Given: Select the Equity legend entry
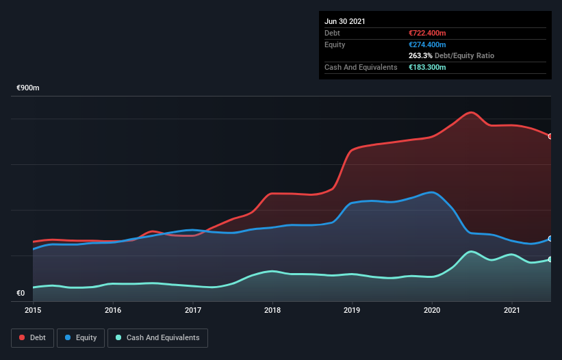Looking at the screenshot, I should pos(81,337).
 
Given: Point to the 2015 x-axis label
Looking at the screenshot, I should pos(33,311).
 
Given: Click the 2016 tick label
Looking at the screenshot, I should pos(113,311).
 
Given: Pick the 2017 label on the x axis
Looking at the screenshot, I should pos(193,311).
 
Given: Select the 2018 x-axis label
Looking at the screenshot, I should pos(272,311).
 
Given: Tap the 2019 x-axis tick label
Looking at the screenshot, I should pos(353,311).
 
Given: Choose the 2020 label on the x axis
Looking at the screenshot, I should pos(432,311).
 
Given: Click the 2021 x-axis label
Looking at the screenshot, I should pos(512,311).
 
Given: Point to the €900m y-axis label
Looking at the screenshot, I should pos(28,88).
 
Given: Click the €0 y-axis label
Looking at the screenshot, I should pos(21,294).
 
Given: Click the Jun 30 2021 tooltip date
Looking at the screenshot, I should pos(345,21).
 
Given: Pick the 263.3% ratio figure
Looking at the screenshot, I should pos(419,55).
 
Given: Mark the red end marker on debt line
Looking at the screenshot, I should pos(550,136).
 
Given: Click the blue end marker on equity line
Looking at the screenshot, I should pos(550,239).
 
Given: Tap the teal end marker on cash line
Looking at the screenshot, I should pos(550,259).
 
